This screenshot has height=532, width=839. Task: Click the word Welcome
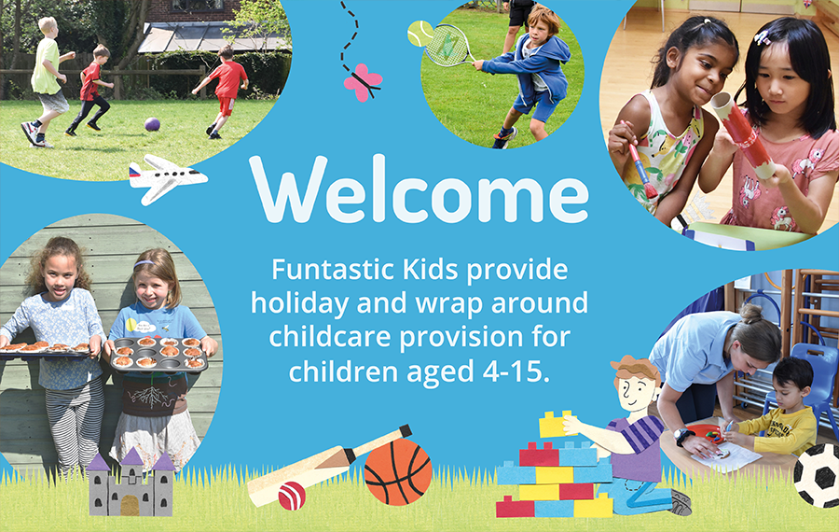click(x=419, y=189)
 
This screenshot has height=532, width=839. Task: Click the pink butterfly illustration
click(x=363, y=82)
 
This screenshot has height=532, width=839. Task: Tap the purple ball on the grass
click(x=152, y=124)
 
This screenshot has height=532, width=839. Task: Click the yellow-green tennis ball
click(x=420, y=34)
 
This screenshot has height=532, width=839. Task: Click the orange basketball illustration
click(x=397, y=472)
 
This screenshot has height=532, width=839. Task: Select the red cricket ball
click(x=292, y=496)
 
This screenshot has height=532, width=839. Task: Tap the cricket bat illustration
click(x=329, y=465)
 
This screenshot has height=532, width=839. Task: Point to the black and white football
click(x=817, y=475)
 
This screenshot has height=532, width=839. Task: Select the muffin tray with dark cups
click(x=158, y=354)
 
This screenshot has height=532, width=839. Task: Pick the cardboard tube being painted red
click(x=743, y=134)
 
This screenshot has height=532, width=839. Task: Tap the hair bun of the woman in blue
click(x=750, y=314)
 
